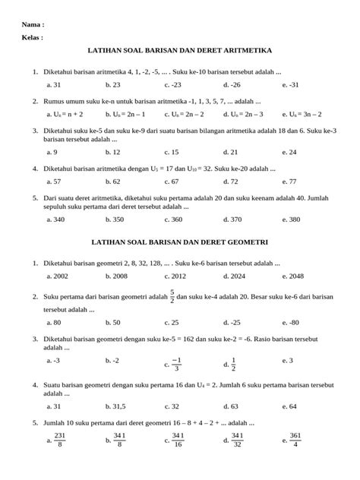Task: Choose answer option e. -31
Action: [x=291, y=85]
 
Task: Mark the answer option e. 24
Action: [x=289, y=152]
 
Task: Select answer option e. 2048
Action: [x=293, y=276]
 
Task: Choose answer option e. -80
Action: [x=290, y=322]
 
